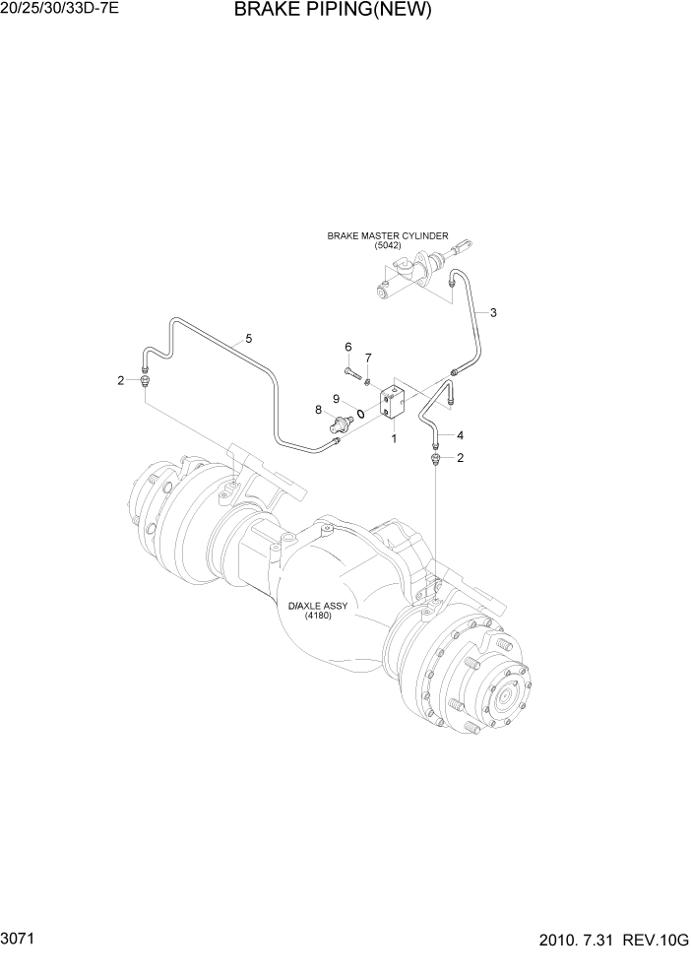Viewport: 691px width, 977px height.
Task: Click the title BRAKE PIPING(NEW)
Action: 333,11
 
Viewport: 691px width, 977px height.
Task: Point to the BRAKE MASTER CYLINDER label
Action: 388,236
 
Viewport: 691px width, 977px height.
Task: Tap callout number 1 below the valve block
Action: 394,438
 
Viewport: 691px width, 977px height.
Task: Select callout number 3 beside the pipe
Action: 493,313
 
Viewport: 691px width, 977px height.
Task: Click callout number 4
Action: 460,434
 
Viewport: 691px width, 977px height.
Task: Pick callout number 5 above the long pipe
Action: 249,339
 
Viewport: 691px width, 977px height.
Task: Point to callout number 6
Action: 347,347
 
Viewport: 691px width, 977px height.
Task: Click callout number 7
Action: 368,358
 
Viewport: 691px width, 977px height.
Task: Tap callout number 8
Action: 319,410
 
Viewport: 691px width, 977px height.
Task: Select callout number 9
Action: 336,399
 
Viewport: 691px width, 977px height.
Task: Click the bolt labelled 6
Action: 352,371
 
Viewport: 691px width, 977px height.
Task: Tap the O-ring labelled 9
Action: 361,414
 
